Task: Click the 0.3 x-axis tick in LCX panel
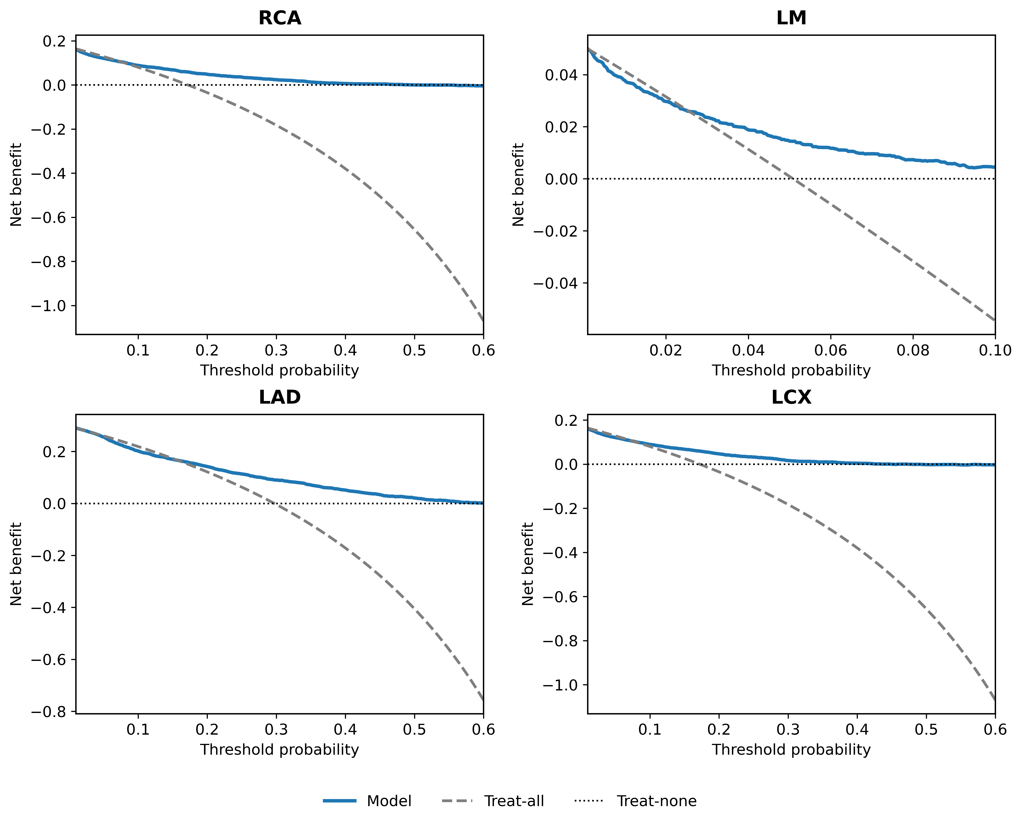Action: (x=788, y=730)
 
